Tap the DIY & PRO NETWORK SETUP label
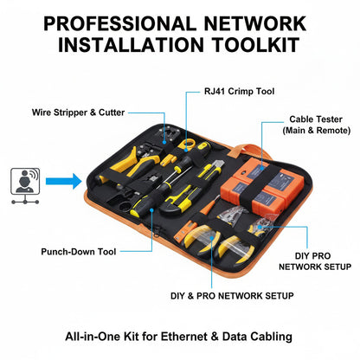[231, 295]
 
